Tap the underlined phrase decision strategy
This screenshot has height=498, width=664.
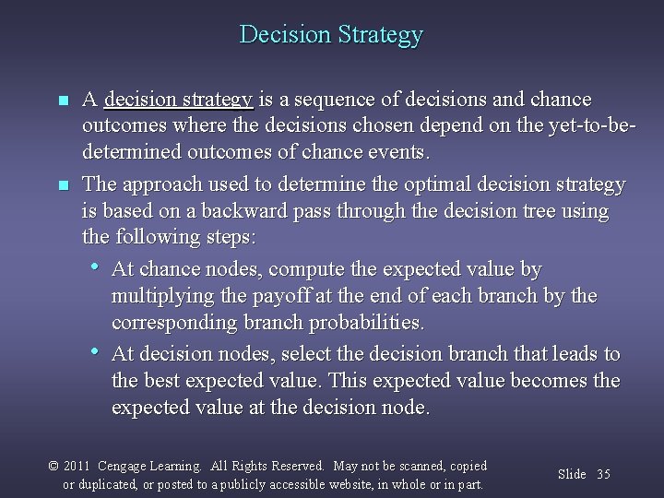coord(179,99)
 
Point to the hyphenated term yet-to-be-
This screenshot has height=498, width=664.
coord(581,125)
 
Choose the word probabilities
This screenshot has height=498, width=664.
coord(367,323)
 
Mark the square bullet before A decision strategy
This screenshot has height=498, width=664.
coord(62,100)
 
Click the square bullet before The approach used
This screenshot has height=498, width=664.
coord(62,185)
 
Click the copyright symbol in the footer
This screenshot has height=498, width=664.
coord(53,467)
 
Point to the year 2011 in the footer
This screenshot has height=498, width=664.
coord(77,467)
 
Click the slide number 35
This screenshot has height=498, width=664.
coord(603,474)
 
